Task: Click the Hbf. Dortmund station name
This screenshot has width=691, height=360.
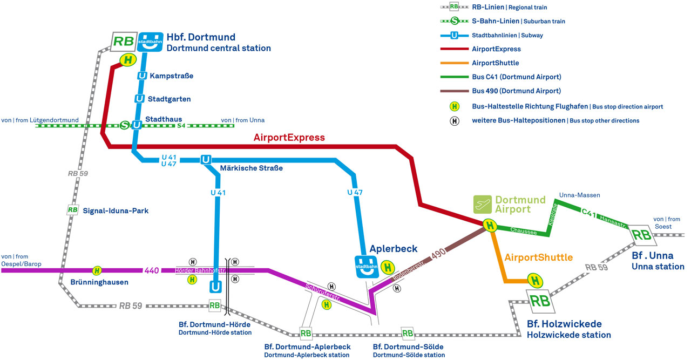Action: pos(201,37)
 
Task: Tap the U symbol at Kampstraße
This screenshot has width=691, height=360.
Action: pos(142,76)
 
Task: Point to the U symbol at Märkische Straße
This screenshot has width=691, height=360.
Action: pos(205,159)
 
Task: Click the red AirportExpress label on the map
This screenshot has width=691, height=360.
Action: pos(289,138)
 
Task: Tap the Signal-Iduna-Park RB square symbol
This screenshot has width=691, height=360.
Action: pos(72,210)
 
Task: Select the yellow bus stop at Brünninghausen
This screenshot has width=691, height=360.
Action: pos(97,270)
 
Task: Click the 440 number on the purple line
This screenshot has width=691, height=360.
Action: pos(152,270)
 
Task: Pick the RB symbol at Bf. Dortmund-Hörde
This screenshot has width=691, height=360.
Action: pos(215,306)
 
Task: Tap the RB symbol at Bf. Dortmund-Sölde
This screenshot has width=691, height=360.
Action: pos(408,333)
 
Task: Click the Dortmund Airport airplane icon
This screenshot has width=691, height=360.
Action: pos(483,205)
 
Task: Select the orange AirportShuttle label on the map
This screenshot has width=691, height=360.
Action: pos(538,257)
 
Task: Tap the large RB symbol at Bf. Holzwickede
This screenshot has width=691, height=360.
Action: pos(541,301)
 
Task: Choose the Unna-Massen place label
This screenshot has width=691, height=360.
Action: pos(580,195)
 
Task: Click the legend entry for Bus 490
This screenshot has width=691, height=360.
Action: pos(516,91)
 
